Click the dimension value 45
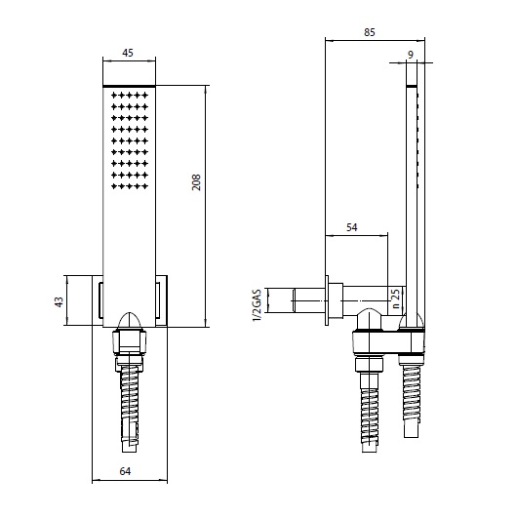(x=128, y=53)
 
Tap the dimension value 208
(x=196, y=182)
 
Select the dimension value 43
(x=59, y=302)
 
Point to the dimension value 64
(x=125, y=471)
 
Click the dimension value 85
(x=370, y=32)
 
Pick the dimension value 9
(x=411, y=55)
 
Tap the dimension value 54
(x=352, y=227)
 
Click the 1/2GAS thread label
(x=257, y=304)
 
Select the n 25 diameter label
(x=396, y=298)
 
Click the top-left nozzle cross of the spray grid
(x=114, y=96)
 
